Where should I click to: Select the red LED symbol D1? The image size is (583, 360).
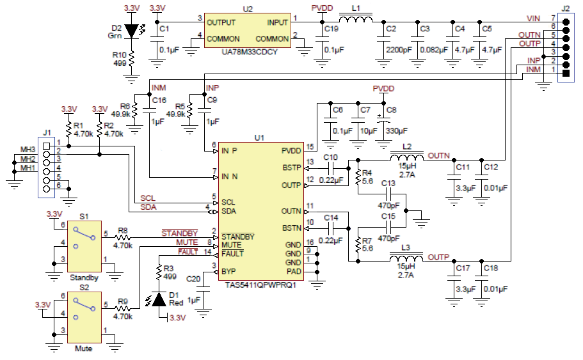[158, 299]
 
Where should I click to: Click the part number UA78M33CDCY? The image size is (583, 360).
[248, 52]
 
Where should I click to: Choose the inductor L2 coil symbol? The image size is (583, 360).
[407, 158]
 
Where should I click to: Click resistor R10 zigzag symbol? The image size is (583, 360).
[131, 59]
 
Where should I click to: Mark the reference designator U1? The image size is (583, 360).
[259, 137]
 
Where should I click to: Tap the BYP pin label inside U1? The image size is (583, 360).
[229, 271]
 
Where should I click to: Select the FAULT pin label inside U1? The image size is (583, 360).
[233, 254]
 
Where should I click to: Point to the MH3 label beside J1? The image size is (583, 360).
[26, 149]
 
